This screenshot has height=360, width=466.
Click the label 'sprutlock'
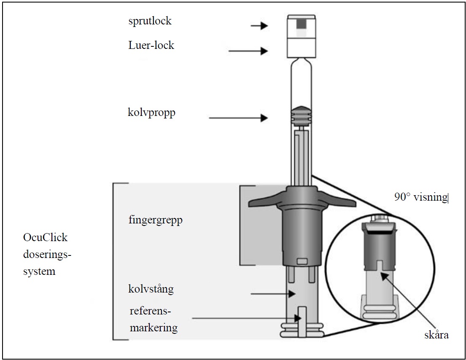pos(150,21)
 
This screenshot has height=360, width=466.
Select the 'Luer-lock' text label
pos(151,46)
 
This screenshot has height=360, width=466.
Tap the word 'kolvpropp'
pos(151,113)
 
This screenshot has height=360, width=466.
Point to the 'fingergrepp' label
pos(155,220)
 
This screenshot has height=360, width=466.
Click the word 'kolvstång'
pos(151,289)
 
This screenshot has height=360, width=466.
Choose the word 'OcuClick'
pos(45,237)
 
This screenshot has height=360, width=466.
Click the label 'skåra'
pos(436,336)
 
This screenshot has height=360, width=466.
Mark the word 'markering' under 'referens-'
pos(154,328)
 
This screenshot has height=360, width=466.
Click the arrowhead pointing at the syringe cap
pos(264,26)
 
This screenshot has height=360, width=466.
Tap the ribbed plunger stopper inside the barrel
pos(301,115)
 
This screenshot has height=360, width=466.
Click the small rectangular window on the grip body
pos(302,262)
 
